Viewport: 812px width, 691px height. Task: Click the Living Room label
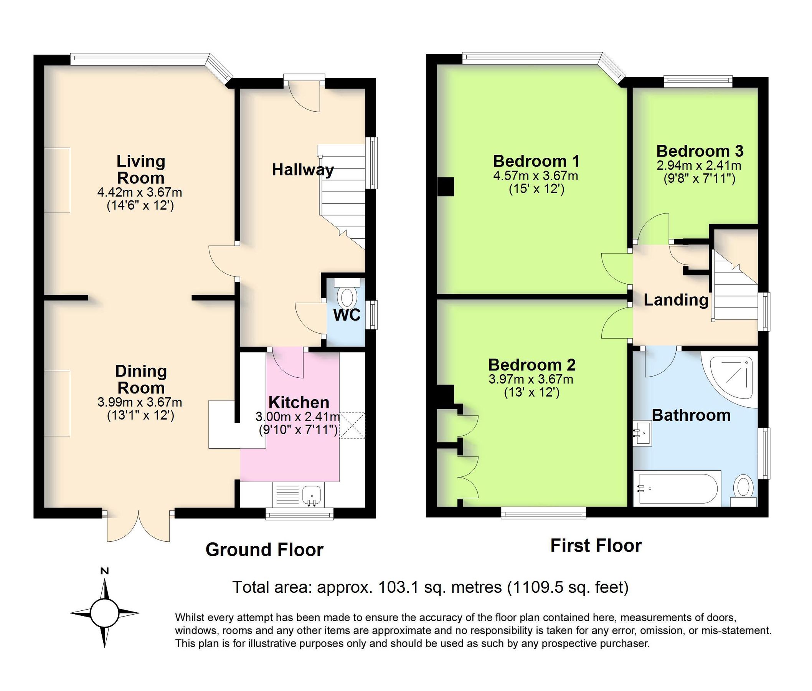pos(140,169)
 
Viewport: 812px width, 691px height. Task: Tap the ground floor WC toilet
pos(347,298)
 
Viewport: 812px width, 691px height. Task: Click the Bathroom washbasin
pos(642,433)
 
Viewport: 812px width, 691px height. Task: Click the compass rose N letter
pos(104,571)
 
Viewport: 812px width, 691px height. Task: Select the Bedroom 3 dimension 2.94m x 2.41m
pos(699,165)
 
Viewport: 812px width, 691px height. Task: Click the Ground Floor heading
pos(264,550)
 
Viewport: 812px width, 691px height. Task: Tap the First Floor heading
pos(596,546)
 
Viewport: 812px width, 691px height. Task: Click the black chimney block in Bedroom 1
pos(446,187)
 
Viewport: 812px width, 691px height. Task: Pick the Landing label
pos(676,300)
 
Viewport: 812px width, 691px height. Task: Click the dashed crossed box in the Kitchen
pos(352,425)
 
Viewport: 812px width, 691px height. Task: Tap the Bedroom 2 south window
pos(544,513)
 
